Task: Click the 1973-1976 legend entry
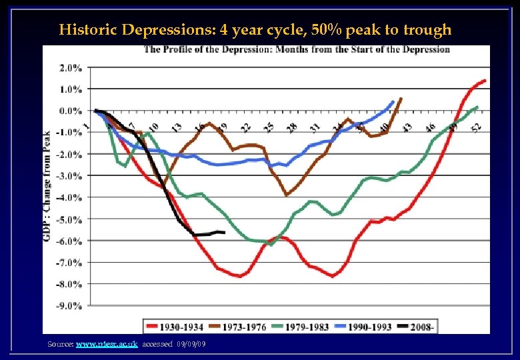(x=247, y=326)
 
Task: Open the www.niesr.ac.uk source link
(x=107, y=344)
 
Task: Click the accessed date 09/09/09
(x=191, y=344)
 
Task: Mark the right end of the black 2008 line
(x=224, y=233)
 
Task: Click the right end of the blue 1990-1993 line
(x=393, y=101)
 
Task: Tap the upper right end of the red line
(x=485, y=81)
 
